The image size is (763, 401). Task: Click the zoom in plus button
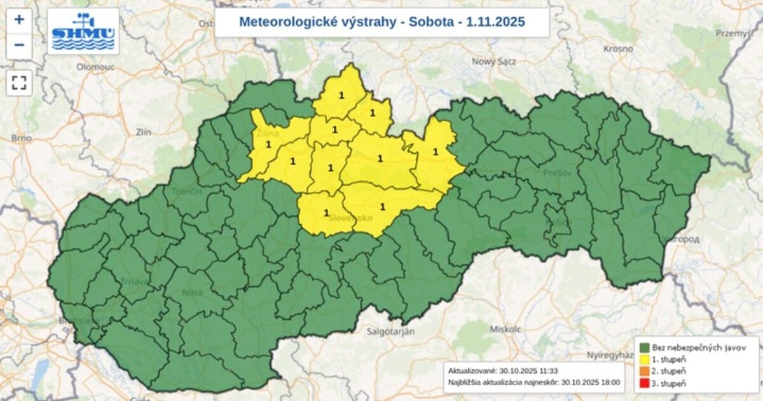pyautogui.click(x=19, y=19)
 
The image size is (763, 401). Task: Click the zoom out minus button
pyautogui.click(x=19, y=45)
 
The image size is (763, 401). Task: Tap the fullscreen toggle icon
pyautogui.click(x=19, y=83)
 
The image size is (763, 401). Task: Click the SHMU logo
pyautogui.click(x=83, y=31)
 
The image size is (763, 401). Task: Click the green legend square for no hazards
pyautogui.click(x=644, y=348)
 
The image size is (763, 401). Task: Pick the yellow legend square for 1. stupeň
pyautogui.click(x=644, y=359)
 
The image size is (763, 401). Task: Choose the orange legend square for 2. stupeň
pyautogui.click(x=644, y=370)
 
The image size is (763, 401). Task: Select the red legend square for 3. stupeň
pyautogui.click(x=644, y=383)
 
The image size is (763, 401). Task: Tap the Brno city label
pyautogui.click(x=22, y=138)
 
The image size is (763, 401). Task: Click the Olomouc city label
pyautogui.click(x=94, y=66)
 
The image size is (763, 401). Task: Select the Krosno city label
pyautogui.click(x=619, y=49)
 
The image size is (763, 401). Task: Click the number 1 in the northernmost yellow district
pyautogui.click(x=342, y=95)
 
